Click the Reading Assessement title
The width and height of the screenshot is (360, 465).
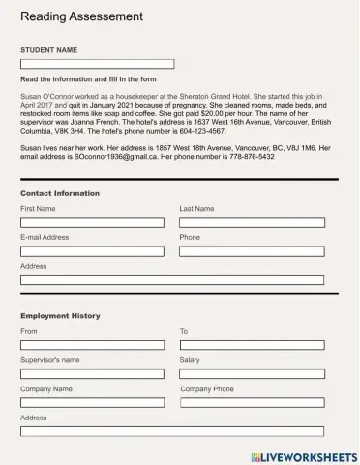pos(81,16)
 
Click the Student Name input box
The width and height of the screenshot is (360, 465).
pos(97,64)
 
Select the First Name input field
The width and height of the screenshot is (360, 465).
pos(92,223)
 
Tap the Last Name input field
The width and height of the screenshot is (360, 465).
pos(252,223)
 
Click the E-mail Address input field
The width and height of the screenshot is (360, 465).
pos(92,251)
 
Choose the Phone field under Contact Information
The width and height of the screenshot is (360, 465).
pos(252,251)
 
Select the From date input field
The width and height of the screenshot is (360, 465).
pos(92,345)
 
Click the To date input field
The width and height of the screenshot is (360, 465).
pos(252,345)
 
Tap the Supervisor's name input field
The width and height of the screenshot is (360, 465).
pos(92,373)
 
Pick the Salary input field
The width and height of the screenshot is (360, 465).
pos(252,373)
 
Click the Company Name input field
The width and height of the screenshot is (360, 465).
pos(92,402)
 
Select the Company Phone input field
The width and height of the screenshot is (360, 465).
pos(252,402)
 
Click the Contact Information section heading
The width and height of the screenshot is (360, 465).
pos(60,193)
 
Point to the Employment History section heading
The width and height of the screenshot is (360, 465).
pos(60,316)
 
